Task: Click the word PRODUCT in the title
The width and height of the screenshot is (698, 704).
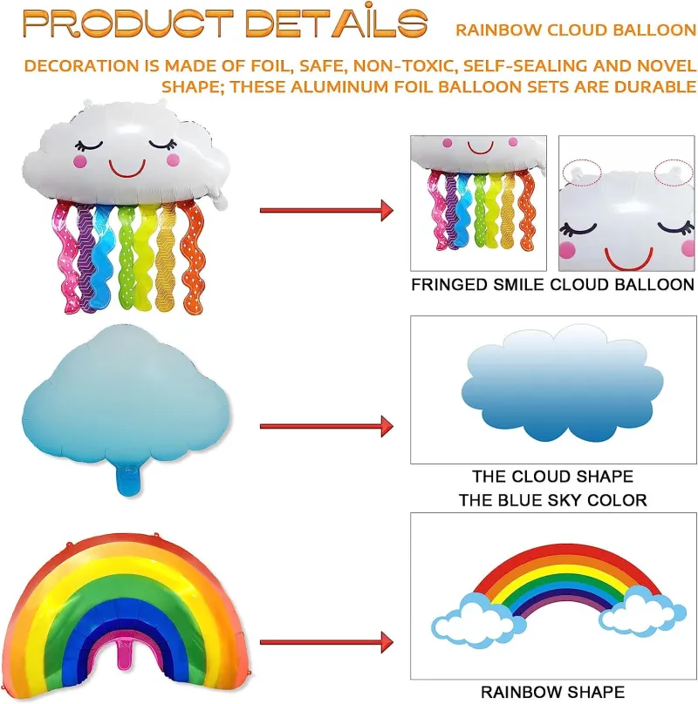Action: point(128,23)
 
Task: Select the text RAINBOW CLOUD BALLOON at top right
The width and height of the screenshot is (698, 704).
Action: point(576,30)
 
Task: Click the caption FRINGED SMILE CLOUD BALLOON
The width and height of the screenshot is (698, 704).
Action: point(553,285)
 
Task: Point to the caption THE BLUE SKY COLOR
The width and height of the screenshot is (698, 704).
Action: point(553,500)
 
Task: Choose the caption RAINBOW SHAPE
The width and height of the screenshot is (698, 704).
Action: point(553,692)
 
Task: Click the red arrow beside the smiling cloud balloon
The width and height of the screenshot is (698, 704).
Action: point(326,211)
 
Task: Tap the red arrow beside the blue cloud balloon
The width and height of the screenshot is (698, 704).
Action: point(326,426)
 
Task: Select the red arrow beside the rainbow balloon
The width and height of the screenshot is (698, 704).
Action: point(326,642)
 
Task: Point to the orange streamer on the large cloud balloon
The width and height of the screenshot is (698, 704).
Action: point(193,257)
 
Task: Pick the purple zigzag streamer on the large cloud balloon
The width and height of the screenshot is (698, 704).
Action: point(86,257)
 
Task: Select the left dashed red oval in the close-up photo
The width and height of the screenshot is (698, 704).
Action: point(582,173)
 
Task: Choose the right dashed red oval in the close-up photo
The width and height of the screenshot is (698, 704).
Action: point(674,173)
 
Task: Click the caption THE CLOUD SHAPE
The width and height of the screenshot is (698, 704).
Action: point(553,476)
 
